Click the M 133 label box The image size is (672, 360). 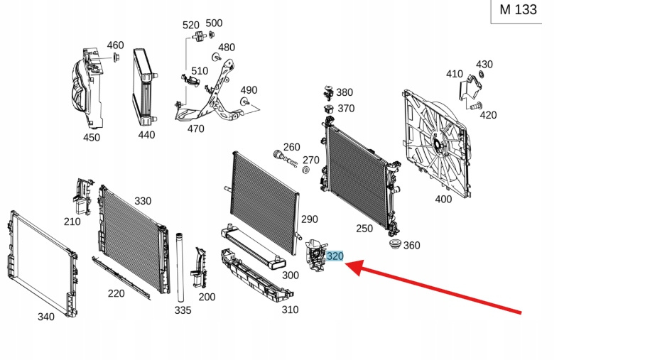(518, 10)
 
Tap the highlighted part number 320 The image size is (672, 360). (335, 256)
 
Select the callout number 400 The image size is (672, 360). (443, 200)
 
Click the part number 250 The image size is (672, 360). (364, 228)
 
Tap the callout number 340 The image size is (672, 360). (45, 317)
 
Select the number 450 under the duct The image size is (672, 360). (92, 138)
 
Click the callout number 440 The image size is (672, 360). (146, 135)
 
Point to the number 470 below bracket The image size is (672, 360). (195, 129)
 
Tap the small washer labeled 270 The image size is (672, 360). (305, 171)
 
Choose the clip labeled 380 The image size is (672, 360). (328, 91)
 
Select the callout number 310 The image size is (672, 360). (290, 310)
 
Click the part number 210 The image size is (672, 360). (72, 222)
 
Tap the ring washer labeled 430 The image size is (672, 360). (481, 74)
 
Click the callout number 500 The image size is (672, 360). (214, 23)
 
